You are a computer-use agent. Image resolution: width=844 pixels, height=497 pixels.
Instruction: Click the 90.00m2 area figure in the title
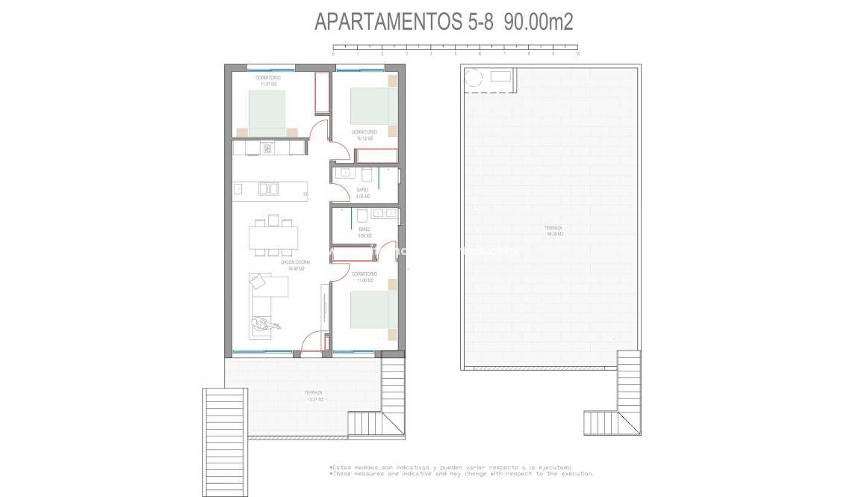[539, 22]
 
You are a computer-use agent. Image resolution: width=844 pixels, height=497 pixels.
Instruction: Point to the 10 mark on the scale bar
[577, 54]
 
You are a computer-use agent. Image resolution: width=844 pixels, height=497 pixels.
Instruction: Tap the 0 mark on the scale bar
[333, 54]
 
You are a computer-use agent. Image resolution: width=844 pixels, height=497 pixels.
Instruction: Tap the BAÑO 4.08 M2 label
[363, 193]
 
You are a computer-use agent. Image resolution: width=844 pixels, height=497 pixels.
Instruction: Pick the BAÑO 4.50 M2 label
[364, 232]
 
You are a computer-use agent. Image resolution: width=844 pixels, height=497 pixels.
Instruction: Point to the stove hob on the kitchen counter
[267, 148]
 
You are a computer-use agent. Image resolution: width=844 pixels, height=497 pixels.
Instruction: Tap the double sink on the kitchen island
[268, 188]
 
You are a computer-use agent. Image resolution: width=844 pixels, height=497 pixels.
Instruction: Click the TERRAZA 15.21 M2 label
[314, 396]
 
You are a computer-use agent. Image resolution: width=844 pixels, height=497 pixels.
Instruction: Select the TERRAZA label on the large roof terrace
[553, 230]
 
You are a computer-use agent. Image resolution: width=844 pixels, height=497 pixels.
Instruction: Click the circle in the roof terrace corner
[474, 77]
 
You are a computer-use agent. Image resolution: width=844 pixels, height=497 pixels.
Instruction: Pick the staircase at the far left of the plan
[225, 441]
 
